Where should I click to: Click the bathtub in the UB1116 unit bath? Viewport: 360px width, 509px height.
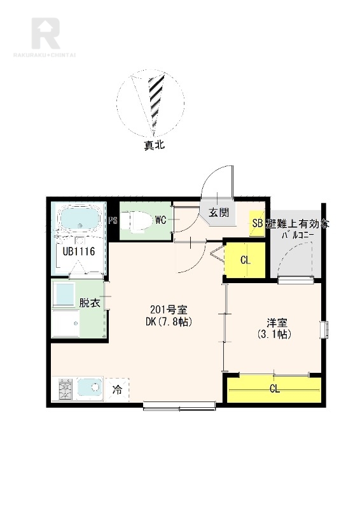click(80, 220)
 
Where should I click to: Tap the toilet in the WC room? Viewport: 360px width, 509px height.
click(137, 221)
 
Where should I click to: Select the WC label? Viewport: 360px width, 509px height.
click(161, 220)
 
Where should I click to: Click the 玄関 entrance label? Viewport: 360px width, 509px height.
click(219, 213)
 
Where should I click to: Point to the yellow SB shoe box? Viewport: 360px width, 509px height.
click(257, 223)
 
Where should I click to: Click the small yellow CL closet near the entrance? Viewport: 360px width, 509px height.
click(245, 260)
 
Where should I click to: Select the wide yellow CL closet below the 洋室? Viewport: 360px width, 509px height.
click(274, 389)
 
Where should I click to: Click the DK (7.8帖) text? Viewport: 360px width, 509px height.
click(169, 322)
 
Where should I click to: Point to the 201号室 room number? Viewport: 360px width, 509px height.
click(169, 309)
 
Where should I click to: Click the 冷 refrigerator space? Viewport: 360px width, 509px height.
click(117, 389)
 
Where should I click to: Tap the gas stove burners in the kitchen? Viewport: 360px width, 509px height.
click(66, 389)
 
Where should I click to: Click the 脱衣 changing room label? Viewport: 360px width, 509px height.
click(90, 303)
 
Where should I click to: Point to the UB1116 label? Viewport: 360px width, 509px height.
click(79, 251)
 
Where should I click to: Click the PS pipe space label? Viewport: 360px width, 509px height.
click(113, 221)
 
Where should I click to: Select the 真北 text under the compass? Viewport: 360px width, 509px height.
click(155, 145)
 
